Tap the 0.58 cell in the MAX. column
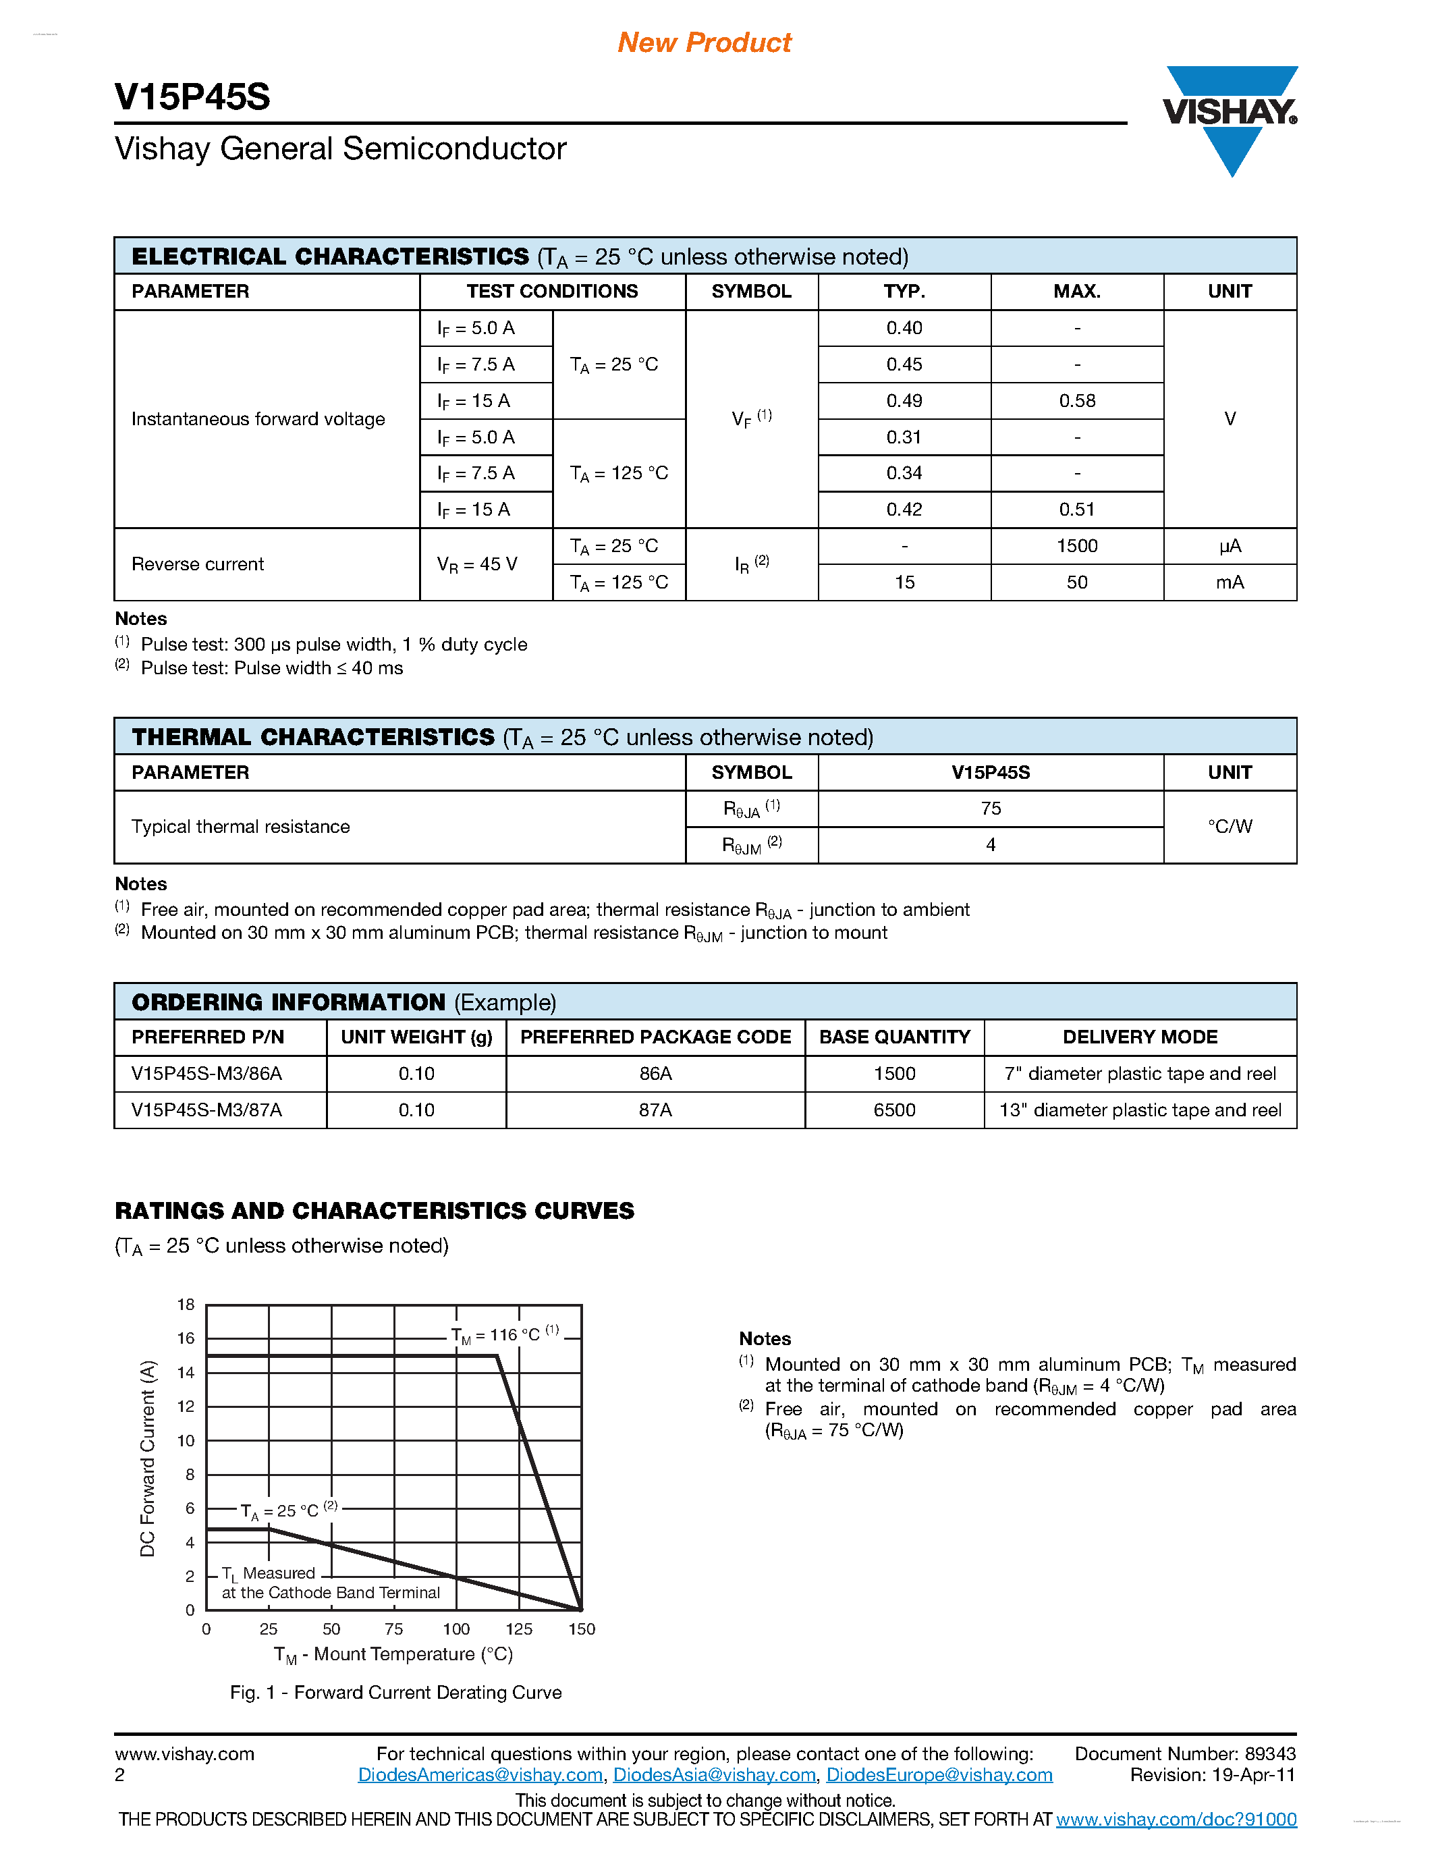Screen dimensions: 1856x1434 (x=1076, y=400)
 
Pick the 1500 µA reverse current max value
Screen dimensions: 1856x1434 (x=1076, y=545)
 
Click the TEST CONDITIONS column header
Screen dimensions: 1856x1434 (x=552, y=292)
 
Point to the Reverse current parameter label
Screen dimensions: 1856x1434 (x=197, y=564)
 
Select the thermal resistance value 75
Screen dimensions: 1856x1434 (x=991, y=808)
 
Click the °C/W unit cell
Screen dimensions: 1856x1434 (x=1230, y=826)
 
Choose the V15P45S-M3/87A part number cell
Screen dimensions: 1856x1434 (x=206, y=1110)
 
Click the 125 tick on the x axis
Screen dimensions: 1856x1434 (x=518, y=1629)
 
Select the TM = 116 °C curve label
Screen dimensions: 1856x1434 (x=505, y=1334)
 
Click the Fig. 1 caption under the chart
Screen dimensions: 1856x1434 (x=396, y=1692)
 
